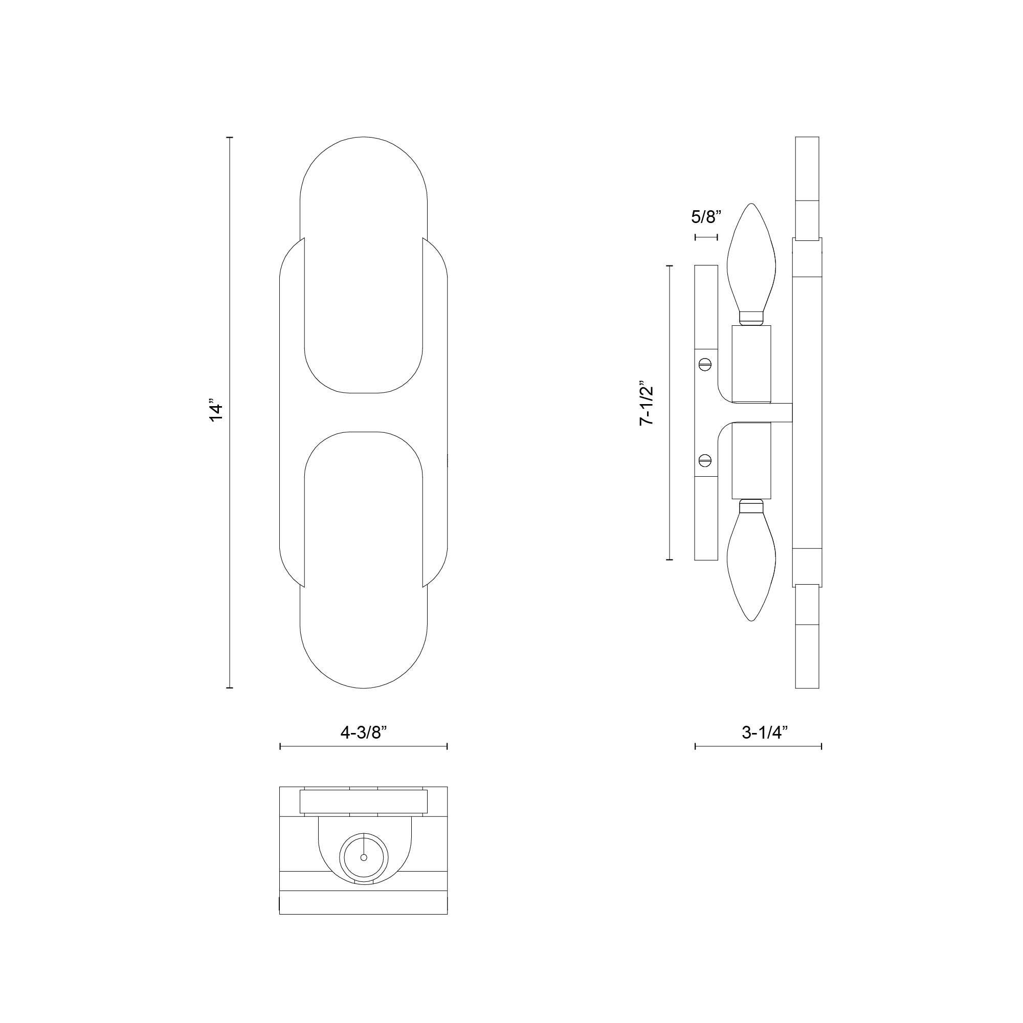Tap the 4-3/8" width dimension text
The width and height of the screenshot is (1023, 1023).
point(363,733)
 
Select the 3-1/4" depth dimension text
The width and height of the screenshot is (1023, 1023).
point(758,733)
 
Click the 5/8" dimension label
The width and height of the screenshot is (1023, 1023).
point(706,216)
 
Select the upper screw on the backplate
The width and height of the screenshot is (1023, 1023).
point(705,364)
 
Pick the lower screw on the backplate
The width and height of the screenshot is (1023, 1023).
point(705,460)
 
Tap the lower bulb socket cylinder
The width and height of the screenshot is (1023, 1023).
point(751,461)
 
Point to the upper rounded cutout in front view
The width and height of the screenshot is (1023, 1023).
point(363,318)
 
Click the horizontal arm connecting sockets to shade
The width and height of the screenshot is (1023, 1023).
point(763,412)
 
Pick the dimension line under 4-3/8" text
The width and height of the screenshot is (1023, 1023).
point(363,747)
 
